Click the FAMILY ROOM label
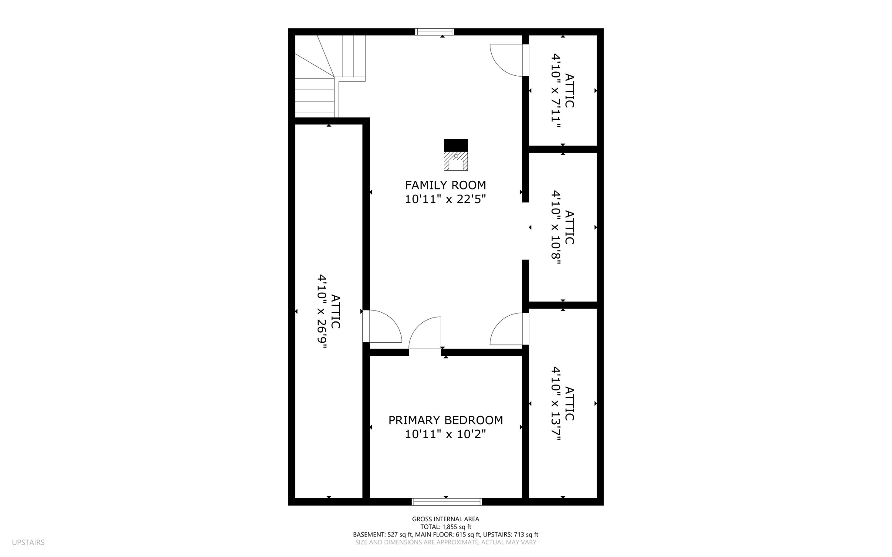click(x=445, y=185)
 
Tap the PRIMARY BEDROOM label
click(x=445, y=420)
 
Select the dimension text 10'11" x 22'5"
click(x=445, y=199)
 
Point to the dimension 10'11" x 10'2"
click(x=445, y=435)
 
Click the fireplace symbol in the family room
click(x=456, y=155)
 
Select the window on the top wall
click(x=434, y=32)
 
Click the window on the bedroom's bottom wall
click(x=447, y=502)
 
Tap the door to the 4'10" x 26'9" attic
click(x=383, y=327)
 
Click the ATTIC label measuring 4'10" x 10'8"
click(x=569, y=227)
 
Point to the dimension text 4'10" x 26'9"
click(x=322, y=311)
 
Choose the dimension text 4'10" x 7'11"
click(x=556, y=91)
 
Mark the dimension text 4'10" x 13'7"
click(x=556, y=403)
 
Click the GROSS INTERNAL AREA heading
click(x=446, y=519)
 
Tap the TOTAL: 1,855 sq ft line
click(x=446, y=527)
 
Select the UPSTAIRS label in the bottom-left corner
click(x=28, y=543)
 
